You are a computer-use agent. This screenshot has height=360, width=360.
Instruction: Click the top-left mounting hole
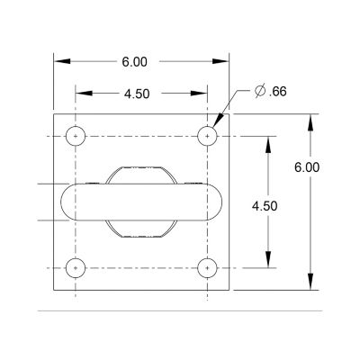[76, 136]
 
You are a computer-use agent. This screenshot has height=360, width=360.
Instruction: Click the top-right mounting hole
[208, 136]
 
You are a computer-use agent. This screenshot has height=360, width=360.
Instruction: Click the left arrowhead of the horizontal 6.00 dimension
[60, 61]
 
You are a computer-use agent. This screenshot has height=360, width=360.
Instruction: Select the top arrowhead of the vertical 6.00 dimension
[310, 121]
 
